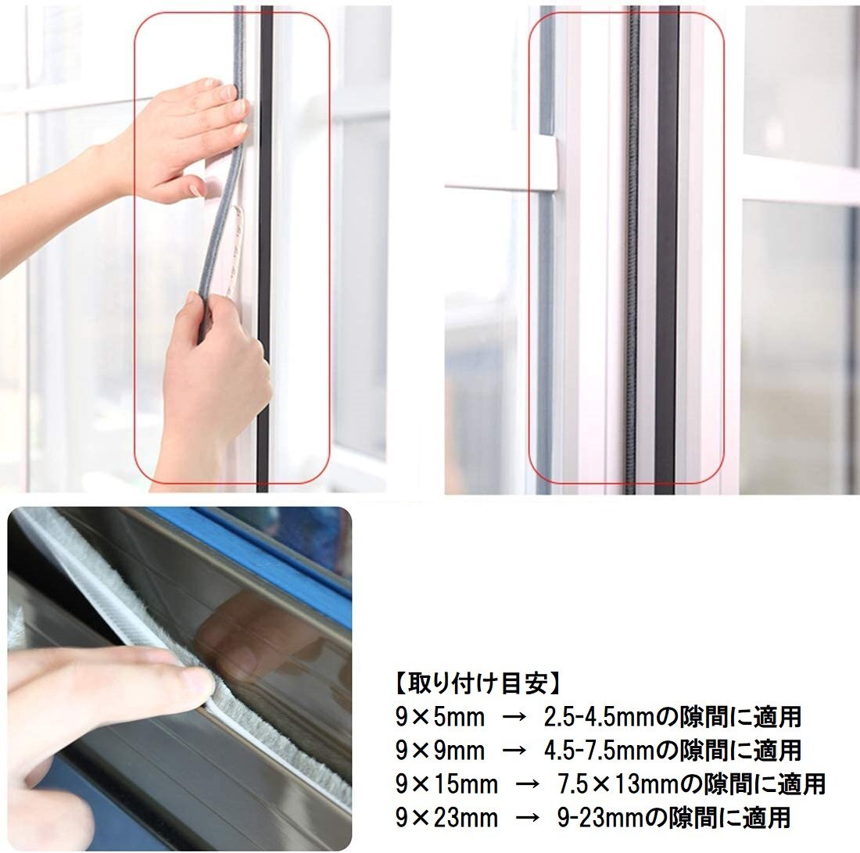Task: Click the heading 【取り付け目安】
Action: [478, 683]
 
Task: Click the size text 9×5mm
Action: [440, 717]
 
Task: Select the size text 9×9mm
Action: [440, 751]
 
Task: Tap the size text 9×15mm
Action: [447, 784]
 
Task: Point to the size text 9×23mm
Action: [447, 817]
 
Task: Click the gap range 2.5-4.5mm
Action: [600, 717]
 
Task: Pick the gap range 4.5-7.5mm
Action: [600, 751]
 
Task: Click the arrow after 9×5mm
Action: [514, 718]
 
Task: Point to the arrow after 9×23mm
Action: [527, 818]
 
